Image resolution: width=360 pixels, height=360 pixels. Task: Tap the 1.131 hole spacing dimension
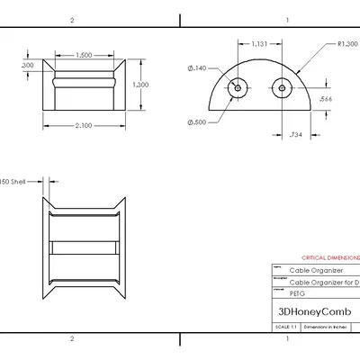[x=257, y=43]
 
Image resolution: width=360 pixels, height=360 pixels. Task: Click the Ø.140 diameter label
[x=197, y=67]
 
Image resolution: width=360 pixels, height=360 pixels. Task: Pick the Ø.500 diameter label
[x=197, y=122]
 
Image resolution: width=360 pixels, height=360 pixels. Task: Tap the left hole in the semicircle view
[x=238, y=88]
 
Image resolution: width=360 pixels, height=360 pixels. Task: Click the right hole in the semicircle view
[x=282, y=88]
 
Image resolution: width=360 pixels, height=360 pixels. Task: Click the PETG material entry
[x=297, y=292]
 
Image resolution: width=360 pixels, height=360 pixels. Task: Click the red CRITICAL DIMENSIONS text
[x=329, y=256]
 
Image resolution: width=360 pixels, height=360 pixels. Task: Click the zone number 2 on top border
[x=71, y=19]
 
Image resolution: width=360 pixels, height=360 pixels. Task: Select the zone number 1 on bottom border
[x=285, y=339]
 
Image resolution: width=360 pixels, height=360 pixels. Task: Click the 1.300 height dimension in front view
[x=140, y=84]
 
